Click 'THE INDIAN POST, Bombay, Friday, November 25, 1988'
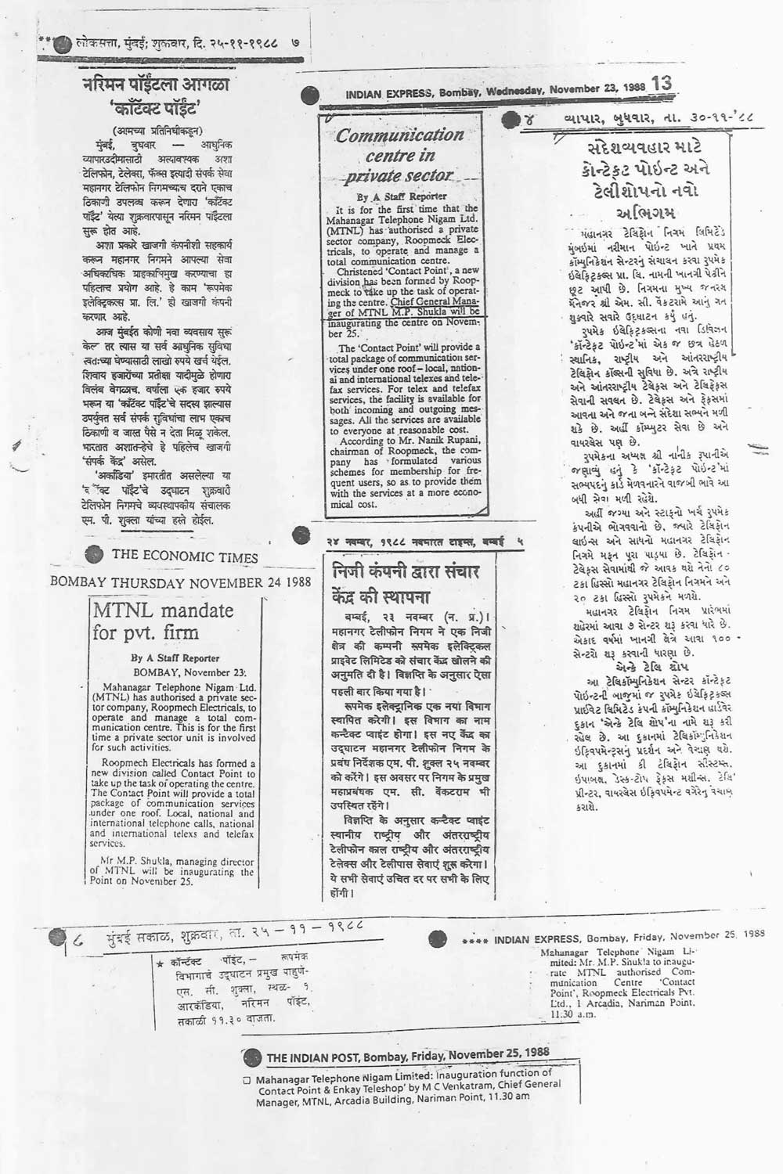coord(408,1056)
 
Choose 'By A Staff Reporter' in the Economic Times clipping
coord(175,658)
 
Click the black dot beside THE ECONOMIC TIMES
coord(94,553)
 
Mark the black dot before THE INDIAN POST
coord(251,1058)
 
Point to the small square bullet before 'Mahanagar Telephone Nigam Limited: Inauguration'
coord(247,1080)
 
